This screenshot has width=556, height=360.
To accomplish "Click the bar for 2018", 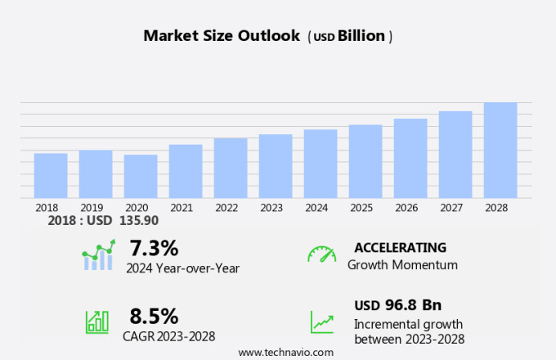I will pos(51,175).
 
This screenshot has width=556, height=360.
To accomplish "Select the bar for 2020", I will pos(141,176).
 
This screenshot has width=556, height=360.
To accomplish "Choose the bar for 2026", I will pos(410,158).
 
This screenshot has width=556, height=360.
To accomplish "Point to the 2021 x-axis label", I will pos(182,208).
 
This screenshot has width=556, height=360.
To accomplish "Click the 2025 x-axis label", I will pos(361,208).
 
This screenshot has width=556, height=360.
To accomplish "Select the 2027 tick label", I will pos(451,208).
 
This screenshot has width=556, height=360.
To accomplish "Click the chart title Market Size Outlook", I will pos(222,36).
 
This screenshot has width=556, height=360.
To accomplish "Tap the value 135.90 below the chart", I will pos(140,221).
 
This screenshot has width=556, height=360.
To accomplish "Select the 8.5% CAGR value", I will pos(154,316).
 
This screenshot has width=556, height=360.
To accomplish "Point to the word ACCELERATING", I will pos(401,247).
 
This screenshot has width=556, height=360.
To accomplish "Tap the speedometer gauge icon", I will pos(321,254).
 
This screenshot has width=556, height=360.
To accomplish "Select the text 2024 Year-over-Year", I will pos(182,267).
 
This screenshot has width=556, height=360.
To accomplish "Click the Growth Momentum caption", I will pos(402,265).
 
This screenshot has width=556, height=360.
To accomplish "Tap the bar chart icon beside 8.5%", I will pos(97,321).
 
